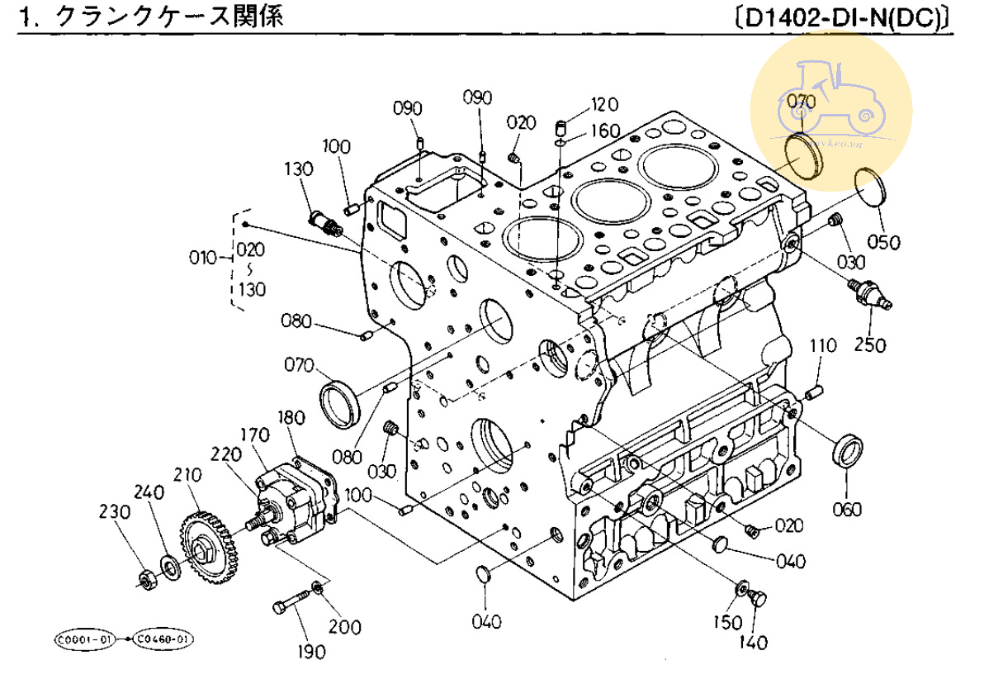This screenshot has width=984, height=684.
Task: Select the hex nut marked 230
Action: [147, 580]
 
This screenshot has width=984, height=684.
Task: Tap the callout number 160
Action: [604, 131]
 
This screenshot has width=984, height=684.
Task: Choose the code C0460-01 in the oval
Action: [164, 639]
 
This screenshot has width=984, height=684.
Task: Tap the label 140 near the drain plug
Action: [754, 642]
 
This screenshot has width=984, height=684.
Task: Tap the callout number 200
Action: [345, 626]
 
